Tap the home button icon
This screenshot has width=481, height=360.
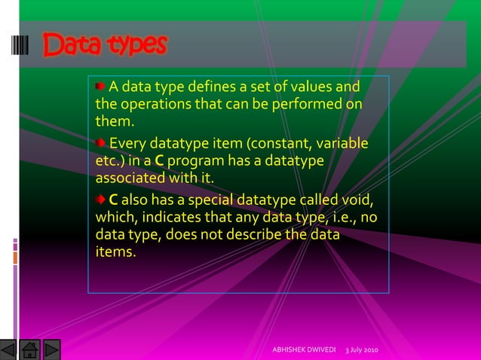[30, 349]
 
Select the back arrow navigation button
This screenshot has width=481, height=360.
[9, 349]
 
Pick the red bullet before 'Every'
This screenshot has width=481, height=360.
[100, 144]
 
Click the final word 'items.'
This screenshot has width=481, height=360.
[116, 253]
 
